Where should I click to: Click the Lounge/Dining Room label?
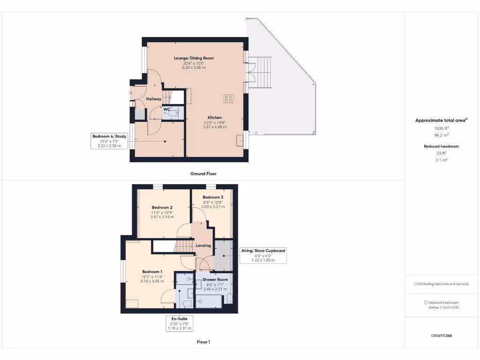coord(194,58)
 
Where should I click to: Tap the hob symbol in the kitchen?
coord(229,98)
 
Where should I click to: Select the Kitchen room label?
coord(215,117)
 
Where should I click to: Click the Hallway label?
coord(154,99)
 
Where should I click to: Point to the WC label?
coord(167,109)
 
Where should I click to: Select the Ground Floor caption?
coord(203,173)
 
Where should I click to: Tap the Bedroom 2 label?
coord(162,207)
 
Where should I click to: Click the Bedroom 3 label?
coord(213,197)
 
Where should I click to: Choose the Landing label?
coord(203,245)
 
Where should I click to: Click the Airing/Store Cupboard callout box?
coord(263,255)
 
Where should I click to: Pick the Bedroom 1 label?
coord(152,271)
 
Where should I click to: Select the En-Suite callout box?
coord(179,323)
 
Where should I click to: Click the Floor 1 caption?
coord(203,342)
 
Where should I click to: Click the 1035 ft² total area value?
coord(441,128)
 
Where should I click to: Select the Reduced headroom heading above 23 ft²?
coord(441,146)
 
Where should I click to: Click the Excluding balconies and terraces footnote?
coord(441,284)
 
